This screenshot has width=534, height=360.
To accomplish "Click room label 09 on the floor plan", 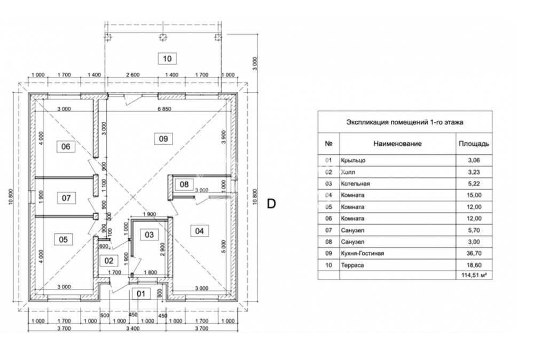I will pyautogui.click(x=163, y=138).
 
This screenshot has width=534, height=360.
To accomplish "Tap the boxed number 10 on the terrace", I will pyautogui.click(x=168, y=59).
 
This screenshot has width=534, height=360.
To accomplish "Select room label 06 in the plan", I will pyautogui.click(x=66, y=146).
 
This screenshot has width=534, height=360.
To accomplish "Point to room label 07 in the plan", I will pyautogui.click(x=66, y=198).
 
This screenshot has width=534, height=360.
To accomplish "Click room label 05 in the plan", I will pyautogui.click(x=63, y=239).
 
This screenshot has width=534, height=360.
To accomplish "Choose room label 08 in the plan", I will pyautogui.click(x=184, y=185).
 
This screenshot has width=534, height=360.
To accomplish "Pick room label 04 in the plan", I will pyautogui.click(x=199, y=231).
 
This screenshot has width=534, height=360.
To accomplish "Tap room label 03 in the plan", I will pyautogui.click(x=149, y=234).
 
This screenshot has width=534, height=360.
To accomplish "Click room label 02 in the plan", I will pyautogui.click(x=109, y=261).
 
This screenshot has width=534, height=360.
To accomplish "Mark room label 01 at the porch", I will pyautogui.click(x=140, y=293).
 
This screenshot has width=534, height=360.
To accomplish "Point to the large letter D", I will pyautogui.click(x=271, y=204).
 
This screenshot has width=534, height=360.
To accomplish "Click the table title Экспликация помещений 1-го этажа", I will pyautogui.click(x=405, y=122).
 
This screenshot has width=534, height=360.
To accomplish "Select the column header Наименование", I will pyautogui.click(x=397, y=144).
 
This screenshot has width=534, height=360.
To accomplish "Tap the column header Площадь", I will pyautogui.click(x=473, y=144).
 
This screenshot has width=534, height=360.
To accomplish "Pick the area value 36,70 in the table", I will pyautogui.click(x=473, y=254).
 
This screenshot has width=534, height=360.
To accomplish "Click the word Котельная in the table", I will pyautogui.click(x=355, y=183).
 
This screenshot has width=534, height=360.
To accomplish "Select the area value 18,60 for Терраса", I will pyautogui.click(x=473, y=264).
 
